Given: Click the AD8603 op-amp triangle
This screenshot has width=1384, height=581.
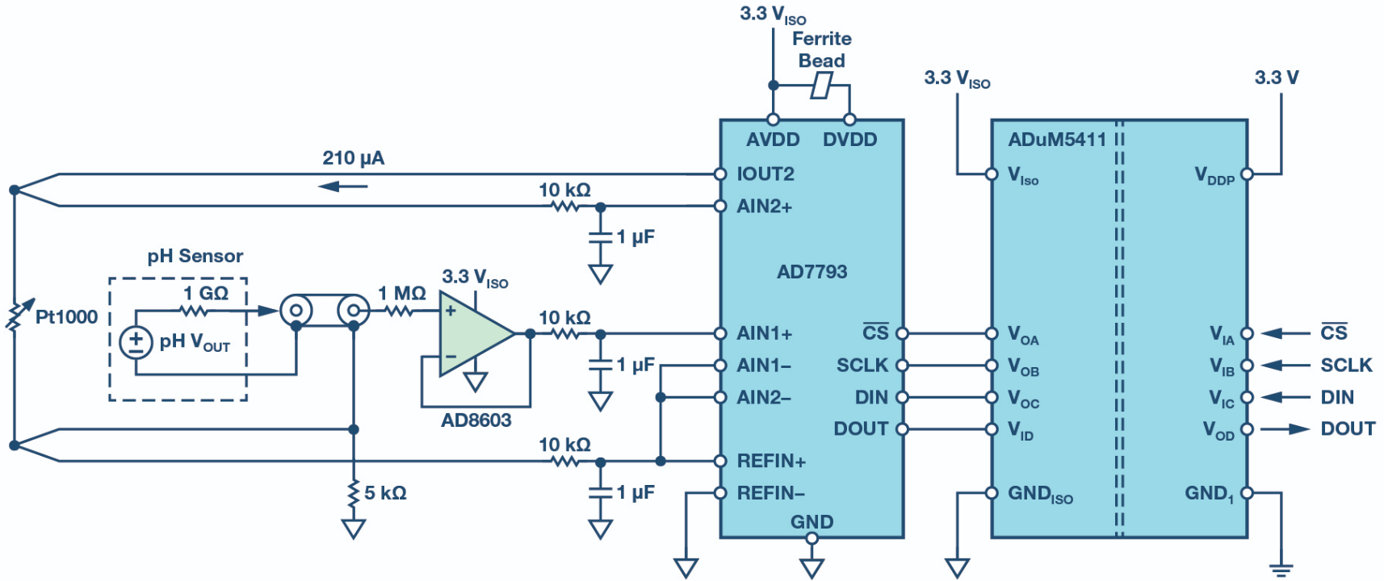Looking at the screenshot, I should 472,333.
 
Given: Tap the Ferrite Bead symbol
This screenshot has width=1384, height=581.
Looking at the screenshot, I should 822,86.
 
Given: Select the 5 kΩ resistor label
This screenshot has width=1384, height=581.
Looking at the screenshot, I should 385,493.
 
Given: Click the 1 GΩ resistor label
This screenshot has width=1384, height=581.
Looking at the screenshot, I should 206,293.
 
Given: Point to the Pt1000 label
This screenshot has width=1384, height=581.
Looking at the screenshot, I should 66,317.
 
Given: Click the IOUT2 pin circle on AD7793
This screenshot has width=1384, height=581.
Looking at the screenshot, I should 721,174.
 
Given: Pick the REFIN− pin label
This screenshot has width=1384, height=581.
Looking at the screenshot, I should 770,493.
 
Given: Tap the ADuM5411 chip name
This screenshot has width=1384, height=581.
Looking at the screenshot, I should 1056,140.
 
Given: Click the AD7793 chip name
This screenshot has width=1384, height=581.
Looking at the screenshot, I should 812,272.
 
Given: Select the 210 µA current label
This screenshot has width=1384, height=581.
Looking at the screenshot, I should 354,158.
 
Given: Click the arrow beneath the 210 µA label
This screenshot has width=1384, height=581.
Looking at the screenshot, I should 342,187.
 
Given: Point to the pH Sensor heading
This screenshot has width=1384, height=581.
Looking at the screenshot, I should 195,257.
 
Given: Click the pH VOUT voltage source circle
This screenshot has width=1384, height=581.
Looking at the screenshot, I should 136,342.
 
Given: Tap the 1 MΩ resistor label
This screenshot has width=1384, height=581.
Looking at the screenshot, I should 401,294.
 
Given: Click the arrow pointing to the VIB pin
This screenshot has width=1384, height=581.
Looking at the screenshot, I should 1285,366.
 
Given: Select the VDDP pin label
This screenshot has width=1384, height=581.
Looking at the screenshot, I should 1214,175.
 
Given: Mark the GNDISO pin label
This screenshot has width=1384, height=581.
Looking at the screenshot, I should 1040,494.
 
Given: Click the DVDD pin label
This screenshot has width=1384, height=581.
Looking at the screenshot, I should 849,140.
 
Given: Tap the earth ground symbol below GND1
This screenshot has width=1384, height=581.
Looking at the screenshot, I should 1281,569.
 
